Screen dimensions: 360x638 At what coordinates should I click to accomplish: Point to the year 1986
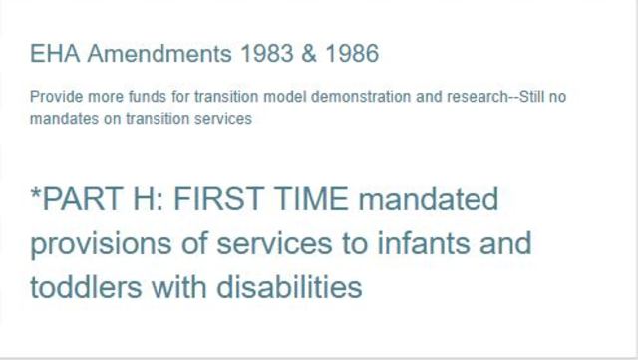[348, 54]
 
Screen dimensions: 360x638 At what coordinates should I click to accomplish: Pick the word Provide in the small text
[53, 99]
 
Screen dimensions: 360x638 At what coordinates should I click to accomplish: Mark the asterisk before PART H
[36, 196]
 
